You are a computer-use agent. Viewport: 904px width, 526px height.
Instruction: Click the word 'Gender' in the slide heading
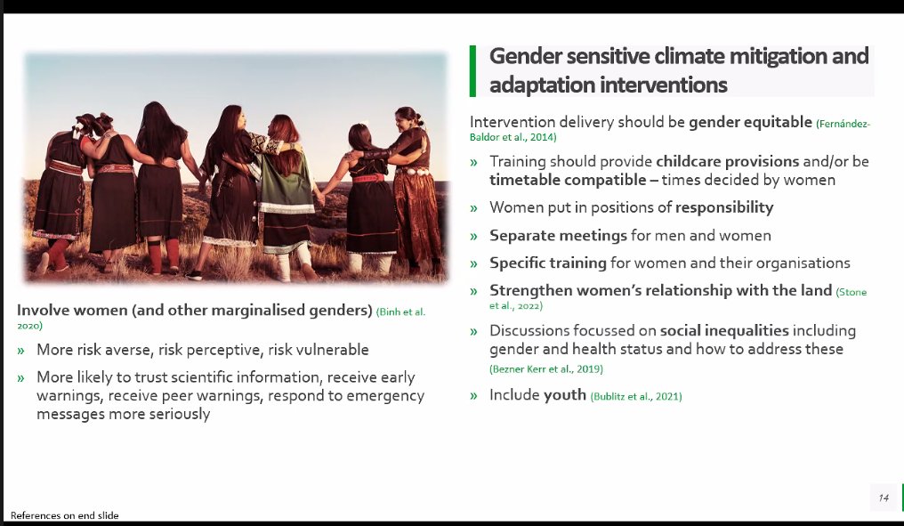529,57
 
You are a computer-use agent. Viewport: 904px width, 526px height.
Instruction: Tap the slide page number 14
884,498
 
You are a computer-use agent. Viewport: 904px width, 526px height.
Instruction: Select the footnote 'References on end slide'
64,515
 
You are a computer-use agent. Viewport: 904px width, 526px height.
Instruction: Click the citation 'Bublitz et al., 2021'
636,396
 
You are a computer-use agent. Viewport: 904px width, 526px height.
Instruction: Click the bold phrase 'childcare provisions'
729,161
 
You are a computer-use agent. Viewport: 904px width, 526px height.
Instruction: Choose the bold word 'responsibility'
724,207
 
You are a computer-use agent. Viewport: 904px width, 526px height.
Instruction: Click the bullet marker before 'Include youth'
474,395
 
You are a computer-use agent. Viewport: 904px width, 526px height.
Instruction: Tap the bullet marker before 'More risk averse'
21,351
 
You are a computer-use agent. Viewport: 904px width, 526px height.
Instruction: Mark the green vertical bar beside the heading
472,71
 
